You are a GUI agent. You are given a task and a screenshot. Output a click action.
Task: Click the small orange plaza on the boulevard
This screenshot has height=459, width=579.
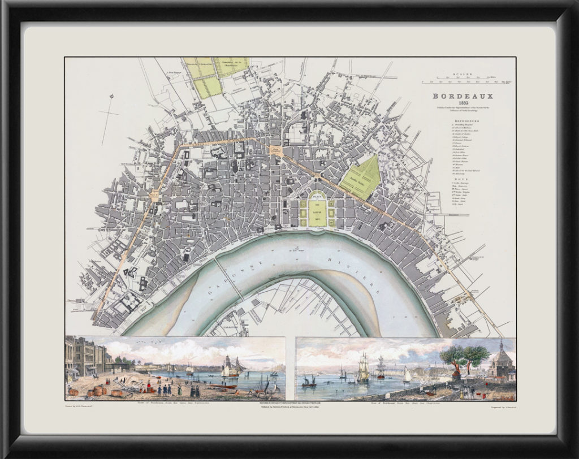(277, 150)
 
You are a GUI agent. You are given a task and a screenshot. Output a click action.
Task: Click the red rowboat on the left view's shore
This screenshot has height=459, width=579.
(223, 387)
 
